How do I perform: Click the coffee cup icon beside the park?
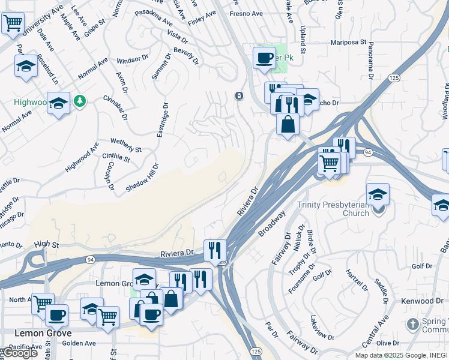pyautogui.click(x=264, y=58)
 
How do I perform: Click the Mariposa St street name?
pyautogui.click(x=348, y=43)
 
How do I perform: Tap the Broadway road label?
pyautogui.click(x=272, y=223)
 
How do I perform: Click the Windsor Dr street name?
pyautogui.click(x=132, y=59)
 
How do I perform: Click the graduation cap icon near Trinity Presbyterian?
pyautogui.click(x=378, y=194)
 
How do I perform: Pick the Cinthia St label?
pyautogui.click(x=116, y=158)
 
